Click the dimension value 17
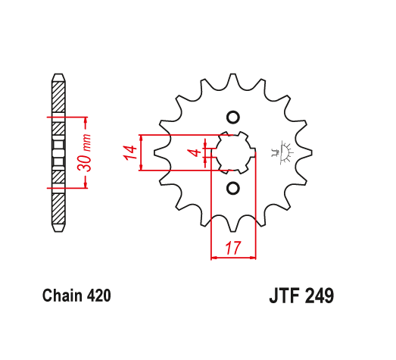pos(233,247)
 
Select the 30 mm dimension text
pos(88,152)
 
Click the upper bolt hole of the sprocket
pos(232,117)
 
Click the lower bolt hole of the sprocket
pos(232,187)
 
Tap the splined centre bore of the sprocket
pos(232,152)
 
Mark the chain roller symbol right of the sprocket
pos(285,152)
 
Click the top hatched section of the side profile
pos(58,95)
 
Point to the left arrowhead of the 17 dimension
pos(213,258)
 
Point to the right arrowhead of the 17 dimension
pos(254,258)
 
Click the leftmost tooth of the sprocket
pos(160,152)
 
